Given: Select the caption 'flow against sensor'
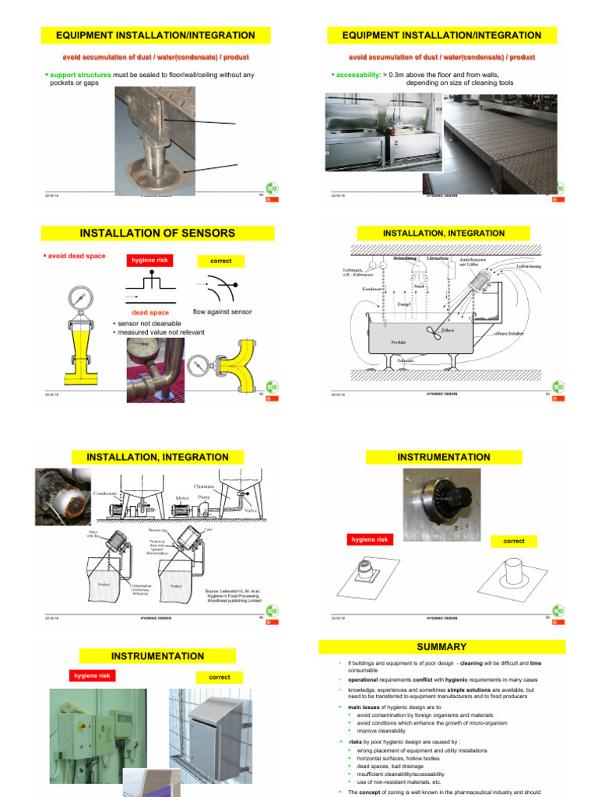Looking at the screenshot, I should (222, 311).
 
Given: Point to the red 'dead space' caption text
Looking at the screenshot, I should (149, 312).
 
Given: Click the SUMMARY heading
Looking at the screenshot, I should (441, 647).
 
